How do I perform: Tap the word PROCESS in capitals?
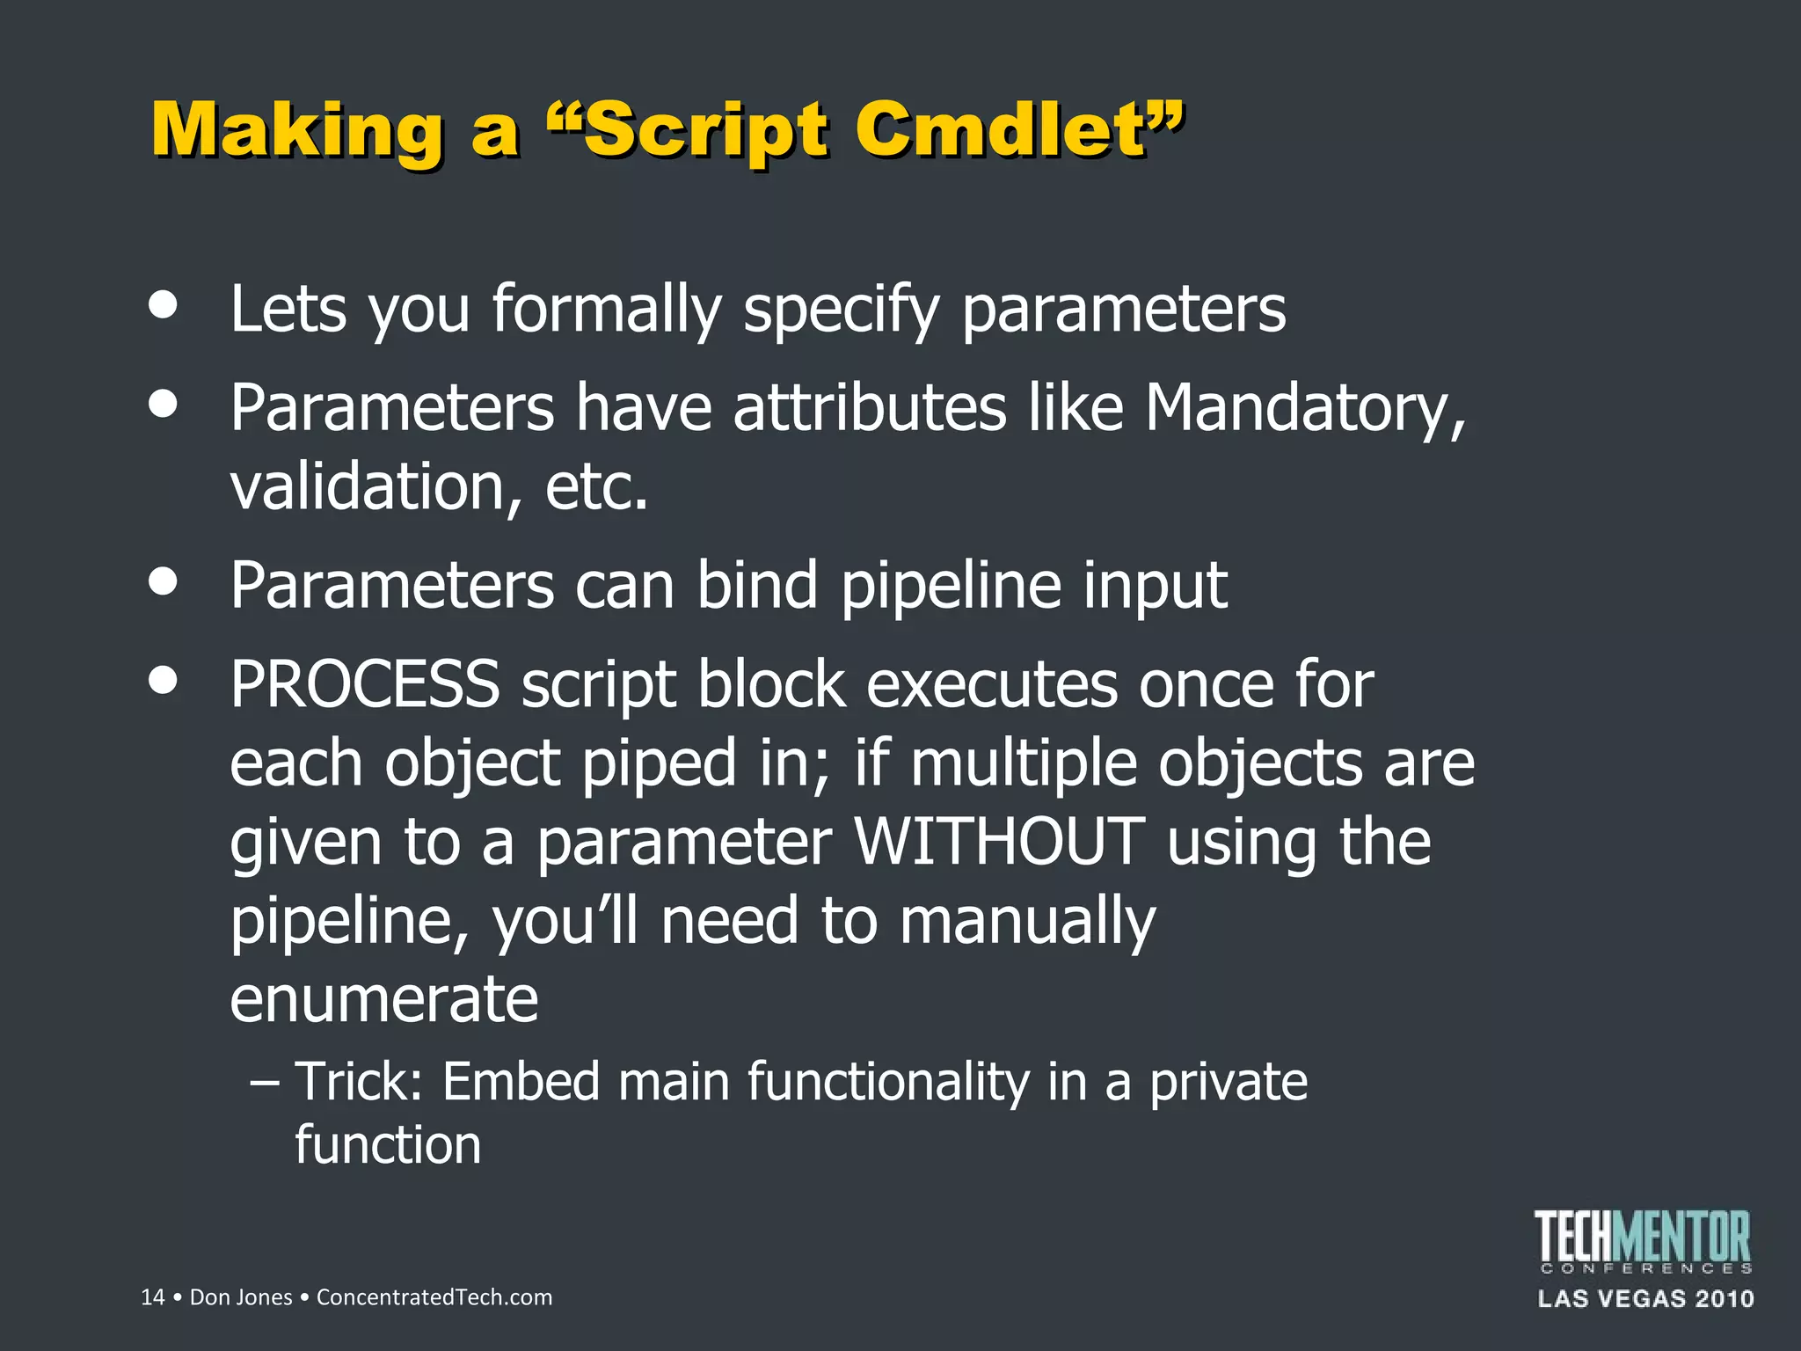(365, 684)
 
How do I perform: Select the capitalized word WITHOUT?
(1000, 842)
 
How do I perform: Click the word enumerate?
(383, 1000)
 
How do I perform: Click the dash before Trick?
(265, 1083)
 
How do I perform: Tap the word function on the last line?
(388, 1145)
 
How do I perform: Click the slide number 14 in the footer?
(152, 1297)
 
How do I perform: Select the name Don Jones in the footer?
(241, 1297)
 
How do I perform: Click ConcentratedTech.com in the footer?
(434, 1297)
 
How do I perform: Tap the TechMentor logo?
(1644, 1240)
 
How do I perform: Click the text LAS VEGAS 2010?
(1645, 1299)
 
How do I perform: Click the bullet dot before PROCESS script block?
(164, 680)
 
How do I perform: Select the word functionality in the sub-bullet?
(888, 1081)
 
